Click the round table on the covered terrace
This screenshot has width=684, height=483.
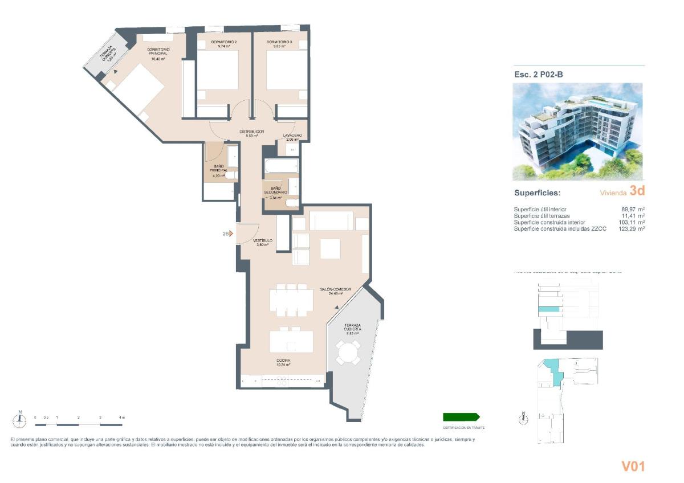tap(347, 353)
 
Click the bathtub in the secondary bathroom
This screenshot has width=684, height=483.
tap(281, 167)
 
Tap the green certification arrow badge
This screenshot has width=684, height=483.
tap(461, 417)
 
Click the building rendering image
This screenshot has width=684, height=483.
tap(577, 132)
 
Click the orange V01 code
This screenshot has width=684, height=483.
tap(633, 466)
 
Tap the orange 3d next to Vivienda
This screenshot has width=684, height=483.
tap(637, 191)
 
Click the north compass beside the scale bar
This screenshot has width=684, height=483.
tap(20, 420)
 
